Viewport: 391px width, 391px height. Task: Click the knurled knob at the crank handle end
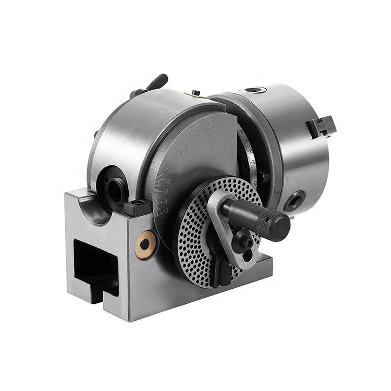pos(274,224)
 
